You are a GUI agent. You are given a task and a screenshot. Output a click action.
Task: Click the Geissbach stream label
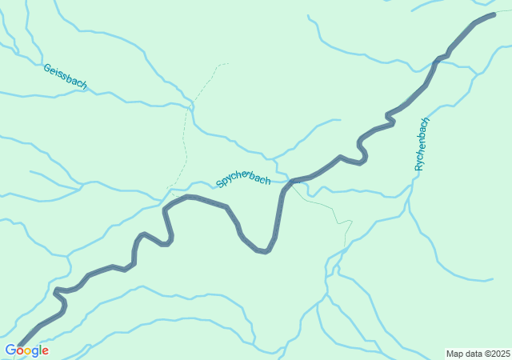(x=65, y=77)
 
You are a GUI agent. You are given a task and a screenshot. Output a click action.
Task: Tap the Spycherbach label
(x=243, y=181)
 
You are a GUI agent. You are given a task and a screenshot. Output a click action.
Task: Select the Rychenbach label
(x=422, y=144)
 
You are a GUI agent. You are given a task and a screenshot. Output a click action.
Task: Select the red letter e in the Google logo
(x=45, y=351)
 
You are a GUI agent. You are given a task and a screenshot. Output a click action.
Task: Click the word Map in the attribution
(x=454, y=354)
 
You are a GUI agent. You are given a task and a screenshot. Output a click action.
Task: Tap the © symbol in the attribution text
(x=487, y=354)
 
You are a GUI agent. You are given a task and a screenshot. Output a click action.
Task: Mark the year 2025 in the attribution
(x=501, y=354)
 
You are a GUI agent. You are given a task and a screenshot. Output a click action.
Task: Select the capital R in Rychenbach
(x=418, y=167)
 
